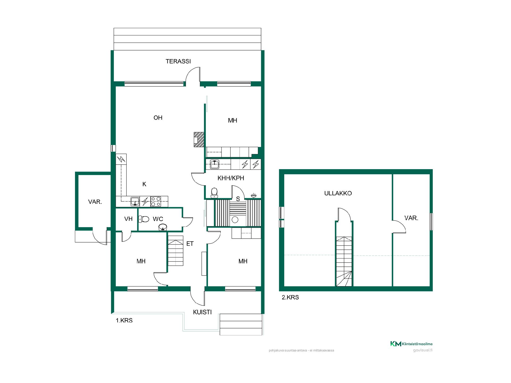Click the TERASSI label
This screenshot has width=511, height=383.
point(178,61)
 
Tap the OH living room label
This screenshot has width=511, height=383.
point(158,118)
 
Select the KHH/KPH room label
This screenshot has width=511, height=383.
point(231,178)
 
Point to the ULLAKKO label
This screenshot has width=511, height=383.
point(338,193)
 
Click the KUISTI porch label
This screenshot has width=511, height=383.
point(202,312)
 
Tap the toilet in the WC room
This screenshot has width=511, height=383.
point(144,219)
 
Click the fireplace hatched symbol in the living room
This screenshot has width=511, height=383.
point(199,140)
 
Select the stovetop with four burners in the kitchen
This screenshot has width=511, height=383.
point(156,201)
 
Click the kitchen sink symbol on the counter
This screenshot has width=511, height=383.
point(135,202)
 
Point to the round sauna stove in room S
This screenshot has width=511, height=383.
point(235,220)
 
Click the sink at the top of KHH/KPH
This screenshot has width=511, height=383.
point(215,164)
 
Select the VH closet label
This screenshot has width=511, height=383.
point(129,219)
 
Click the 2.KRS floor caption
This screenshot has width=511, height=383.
point(290,297)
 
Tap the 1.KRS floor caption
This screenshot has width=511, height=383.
point(124,320)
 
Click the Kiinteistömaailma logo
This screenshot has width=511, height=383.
point(411,344)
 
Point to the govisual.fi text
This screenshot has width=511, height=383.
point(423,350)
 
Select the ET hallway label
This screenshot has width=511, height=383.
point(190,244)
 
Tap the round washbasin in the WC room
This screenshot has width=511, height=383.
point(163,227)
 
